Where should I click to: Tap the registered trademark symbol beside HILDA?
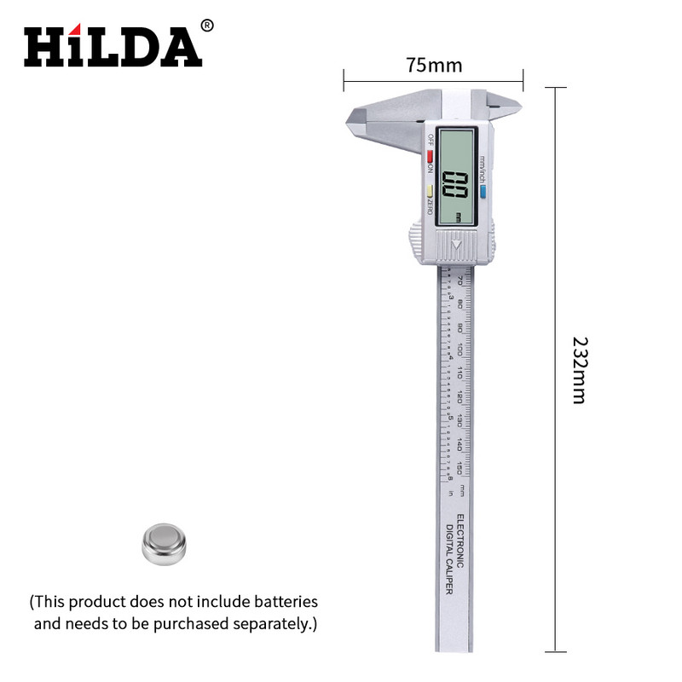click(x=207, y=26)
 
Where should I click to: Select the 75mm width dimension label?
click(x=433, y=65)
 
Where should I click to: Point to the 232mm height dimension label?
click(x=579, y=369)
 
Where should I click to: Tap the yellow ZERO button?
click(x=431, y=191)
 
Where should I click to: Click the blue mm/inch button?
click(x=482, y=192)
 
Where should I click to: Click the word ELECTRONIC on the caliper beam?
click(x=460, y=541)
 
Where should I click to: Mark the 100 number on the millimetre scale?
click(x=460, y=350)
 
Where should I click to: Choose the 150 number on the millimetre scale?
click(x=460, y=467)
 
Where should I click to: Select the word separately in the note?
click(x=267, y=624)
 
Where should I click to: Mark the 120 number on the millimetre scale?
click(x=460, y=396)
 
